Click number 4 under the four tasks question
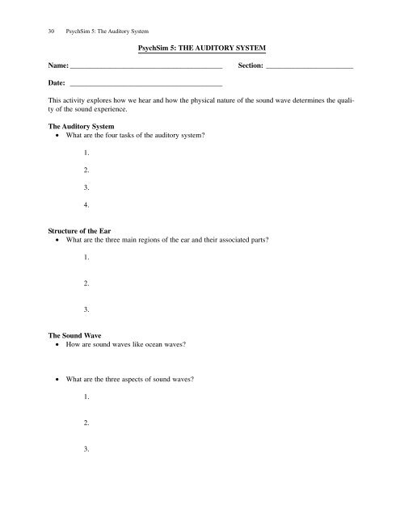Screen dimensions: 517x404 86,204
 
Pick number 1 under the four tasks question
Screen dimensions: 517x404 86,153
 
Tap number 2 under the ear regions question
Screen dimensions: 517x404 86,282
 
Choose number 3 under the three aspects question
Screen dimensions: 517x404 86,449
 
